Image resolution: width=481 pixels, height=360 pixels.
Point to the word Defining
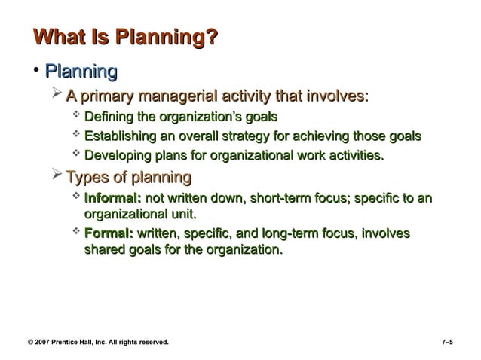109,117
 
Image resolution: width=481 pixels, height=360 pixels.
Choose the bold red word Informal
112,198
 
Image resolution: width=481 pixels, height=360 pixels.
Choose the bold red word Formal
109,235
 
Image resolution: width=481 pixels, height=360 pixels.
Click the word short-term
276,198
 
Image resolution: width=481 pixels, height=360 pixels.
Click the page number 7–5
447,342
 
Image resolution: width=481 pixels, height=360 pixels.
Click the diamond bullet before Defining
75,116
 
